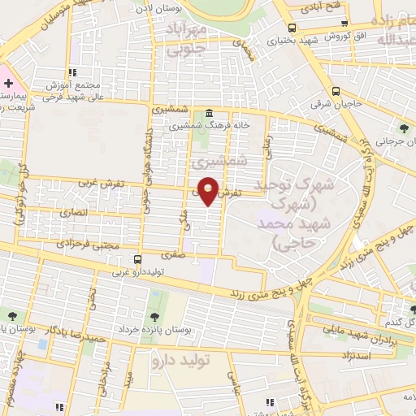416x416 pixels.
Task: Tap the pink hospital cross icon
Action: click(x=8, y=84)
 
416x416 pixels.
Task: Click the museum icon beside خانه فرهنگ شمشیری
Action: click(x=210, y=113)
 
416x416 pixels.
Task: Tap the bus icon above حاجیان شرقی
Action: click(x=335, y=91)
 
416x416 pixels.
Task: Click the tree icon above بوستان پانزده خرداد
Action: click(x=154, y=316)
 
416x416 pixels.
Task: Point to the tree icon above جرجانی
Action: click(x=404, y=127)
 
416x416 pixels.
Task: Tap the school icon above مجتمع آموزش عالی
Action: click(x=72, y=71)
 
